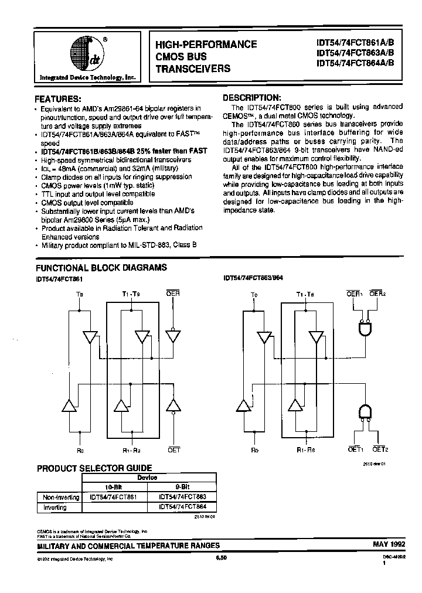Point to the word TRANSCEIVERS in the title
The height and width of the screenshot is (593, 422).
click(193, 68)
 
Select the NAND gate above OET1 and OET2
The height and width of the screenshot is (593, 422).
click(366, 411)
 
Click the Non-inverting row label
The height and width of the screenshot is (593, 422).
click(61, 497)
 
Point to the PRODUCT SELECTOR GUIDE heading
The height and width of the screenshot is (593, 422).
click(94, 468)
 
